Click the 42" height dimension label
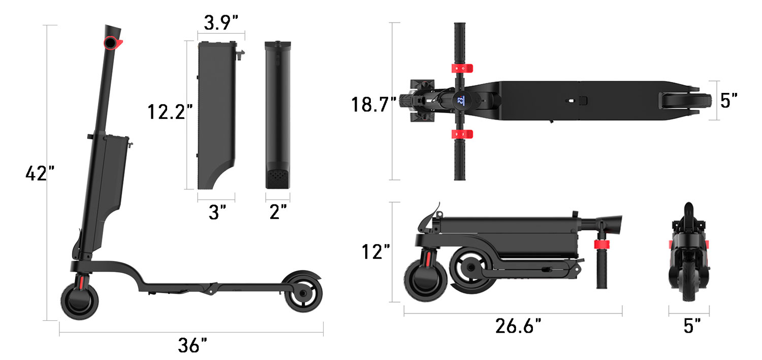coord(40,174)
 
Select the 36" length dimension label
coord(192,346)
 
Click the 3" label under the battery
coord(216,212)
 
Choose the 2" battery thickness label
coord(278,212)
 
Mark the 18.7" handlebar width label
coord(373,105)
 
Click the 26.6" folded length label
coord(518,326)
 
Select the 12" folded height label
coord(376,251)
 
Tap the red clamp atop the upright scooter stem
coord(113,44)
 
